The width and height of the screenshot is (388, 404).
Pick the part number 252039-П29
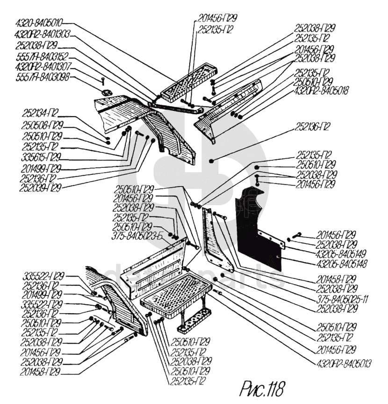click(41, 188)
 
